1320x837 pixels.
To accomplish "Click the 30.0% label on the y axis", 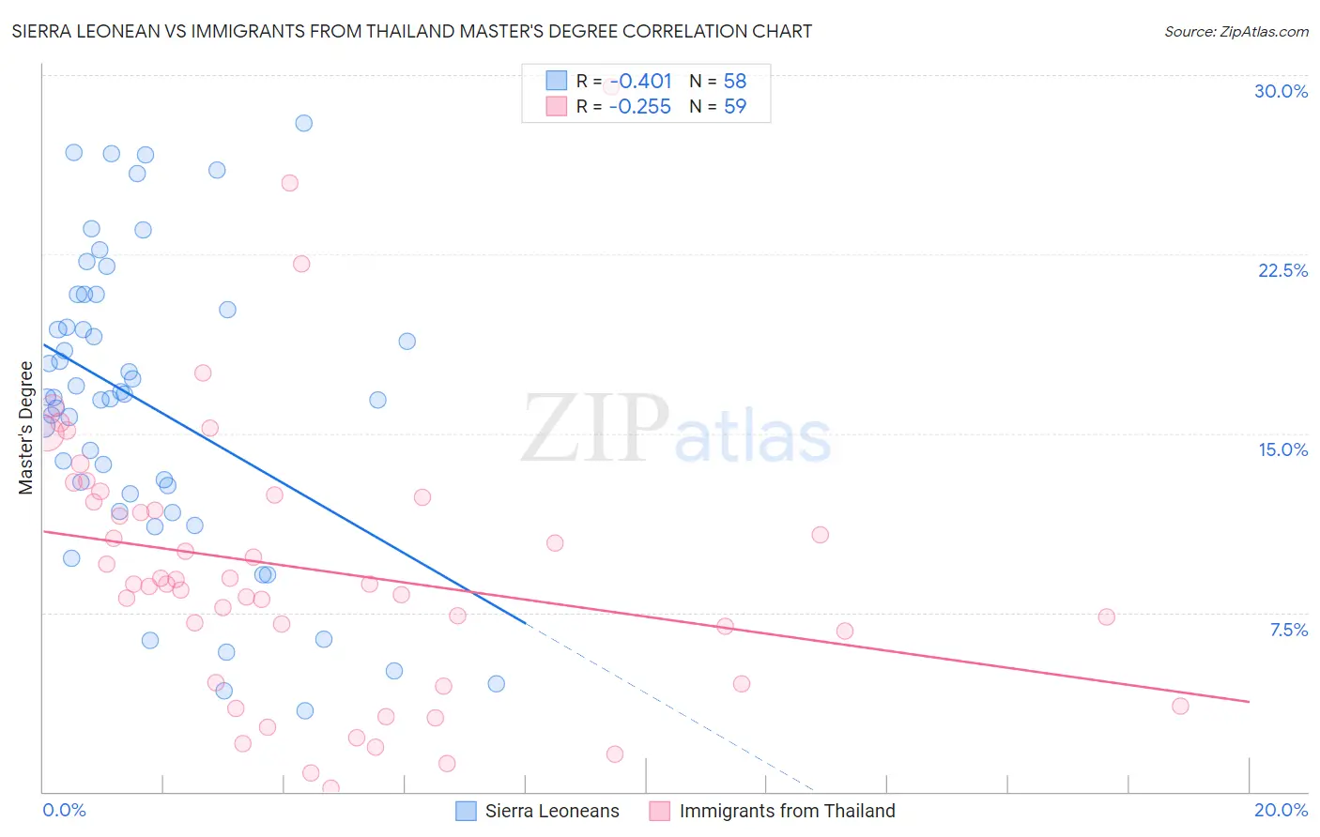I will (x=1281, y=91).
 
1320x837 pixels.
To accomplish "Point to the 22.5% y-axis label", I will (x=1282, y=270).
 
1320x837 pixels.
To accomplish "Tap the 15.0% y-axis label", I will (x=1282, y=449).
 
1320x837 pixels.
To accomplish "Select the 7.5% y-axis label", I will (x=1288, y=630).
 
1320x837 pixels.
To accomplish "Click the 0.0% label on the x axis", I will (x=64, y=810).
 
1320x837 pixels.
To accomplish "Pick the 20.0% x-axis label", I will (x=1281, y=810).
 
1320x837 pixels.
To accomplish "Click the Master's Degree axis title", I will (x=25, y=428).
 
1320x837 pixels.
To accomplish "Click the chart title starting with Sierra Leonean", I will (x=411, y=31).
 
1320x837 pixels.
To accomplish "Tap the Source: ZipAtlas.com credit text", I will (x=1236, y=31).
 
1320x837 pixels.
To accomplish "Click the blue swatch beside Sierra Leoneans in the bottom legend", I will (x=466, y=811).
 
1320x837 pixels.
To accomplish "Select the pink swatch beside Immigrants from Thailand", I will (x=660, y=811).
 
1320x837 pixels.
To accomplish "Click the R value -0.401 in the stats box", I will (x=640, y=82).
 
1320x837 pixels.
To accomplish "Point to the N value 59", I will (x=735, y=107).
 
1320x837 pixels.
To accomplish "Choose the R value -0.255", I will (x=640, y=107).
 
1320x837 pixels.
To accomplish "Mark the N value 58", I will (x=735, y=82).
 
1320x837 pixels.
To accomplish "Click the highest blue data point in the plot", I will (x=303, y=123).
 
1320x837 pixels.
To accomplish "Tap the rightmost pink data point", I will (x=1180, y=706).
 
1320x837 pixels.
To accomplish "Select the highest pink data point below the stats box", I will (x=290, y=183).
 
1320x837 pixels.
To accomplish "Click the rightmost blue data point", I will (x=496, y=684).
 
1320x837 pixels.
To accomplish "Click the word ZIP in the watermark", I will (x=594, y=429).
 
